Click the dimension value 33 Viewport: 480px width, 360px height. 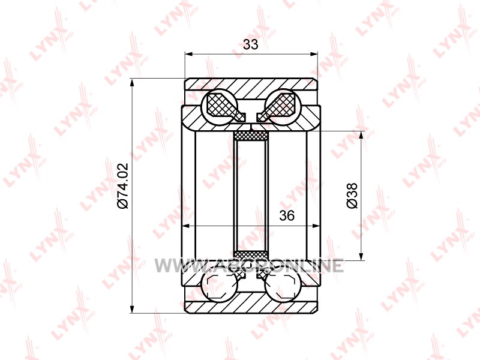[251, 44]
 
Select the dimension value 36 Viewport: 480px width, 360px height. [287, 215]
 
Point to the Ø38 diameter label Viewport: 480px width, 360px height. [352, 196]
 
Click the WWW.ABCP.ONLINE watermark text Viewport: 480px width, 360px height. [249, 265]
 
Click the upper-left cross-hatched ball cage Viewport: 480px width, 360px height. [223, 105]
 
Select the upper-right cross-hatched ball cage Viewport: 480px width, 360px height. [277, 105]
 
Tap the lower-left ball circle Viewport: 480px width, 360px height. [220, 288]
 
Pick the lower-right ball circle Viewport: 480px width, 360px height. [282, 288]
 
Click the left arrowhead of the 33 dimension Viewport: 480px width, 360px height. [189, 54]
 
